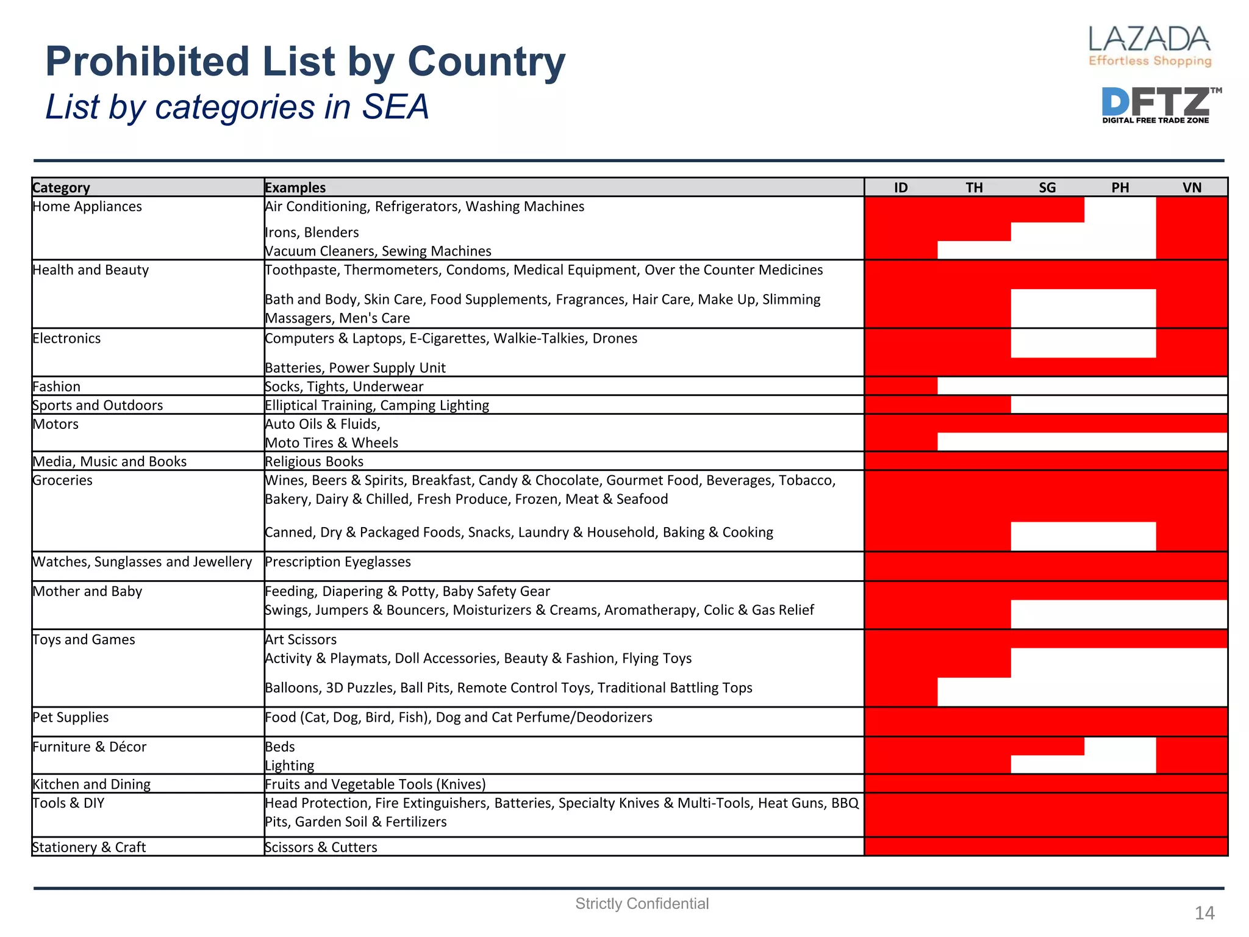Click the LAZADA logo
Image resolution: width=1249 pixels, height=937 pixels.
[1150, 46]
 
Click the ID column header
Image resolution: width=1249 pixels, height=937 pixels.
[901, 187]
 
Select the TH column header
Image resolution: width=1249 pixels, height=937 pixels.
[974, 187]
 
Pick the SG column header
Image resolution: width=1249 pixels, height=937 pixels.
[1047, 187]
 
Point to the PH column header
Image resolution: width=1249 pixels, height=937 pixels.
[1120, 187]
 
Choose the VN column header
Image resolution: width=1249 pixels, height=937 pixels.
[1192, 187]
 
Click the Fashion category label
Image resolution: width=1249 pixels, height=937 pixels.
[56, 386]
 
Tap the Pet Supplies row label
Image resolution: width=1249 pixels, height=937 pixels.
[70, 717]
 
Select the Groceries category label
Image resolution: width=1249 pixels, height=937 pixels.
[62, 480]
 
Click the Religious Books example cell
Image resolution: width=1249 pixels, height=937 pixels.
[314, 461]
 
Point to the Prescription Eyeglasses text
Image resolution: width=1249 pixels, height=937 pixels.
[338, 561]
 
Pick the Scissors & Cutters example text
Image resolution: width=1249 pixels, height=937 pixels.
[321, 847]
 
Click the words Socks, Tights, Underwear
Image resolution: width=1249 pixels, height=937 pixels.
[344, 386]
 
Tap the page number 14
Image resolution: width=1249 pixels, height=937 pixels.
[1204, 913]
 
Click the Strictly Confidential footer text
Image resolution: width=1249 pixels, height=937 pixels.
[642, 903]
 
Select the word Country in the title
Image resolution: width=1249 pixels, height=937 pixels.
[486, 62]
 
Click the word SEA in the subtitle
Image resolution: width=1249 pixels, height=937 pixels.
[395, 107]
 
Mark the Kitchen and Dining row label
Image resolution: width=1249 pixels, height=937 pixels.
[91, 784]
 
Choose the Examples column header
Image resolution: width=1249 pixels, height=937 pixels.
[295, 187]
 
